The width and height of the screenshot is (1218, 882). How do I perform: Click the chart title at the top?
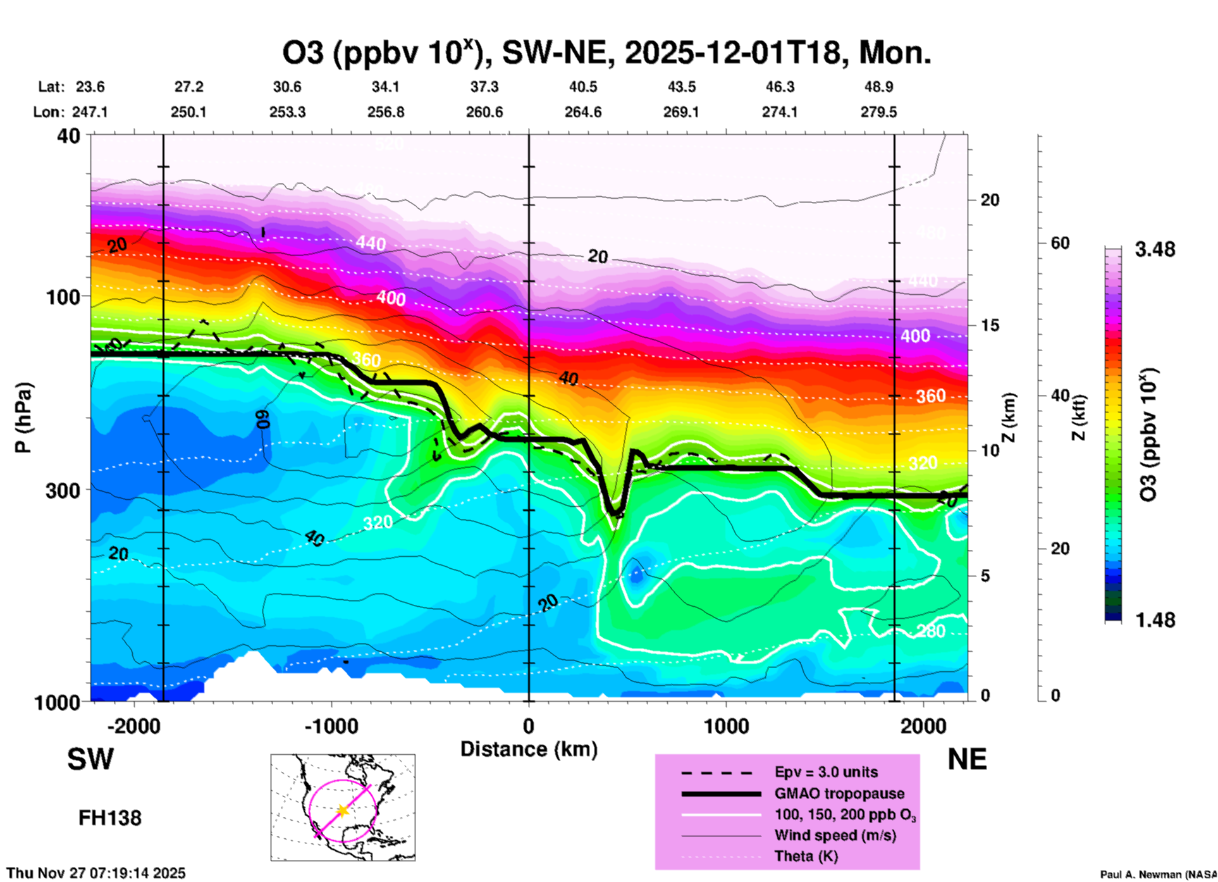(x=606, y=53)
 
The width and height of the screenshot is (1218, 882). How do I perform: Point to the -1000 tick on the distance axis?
(x=331, y=726)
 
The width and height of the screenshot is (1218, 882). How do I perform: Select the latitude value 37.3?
(x=484, y=87)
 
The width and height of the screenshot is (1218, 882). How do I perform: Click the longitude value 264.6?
(x=583, y=112)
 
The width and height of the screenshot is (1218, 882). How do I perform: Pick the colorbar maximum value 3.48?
(x=1155, y=250)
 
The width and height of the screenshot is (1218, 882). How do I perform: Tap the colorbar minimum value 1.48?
(x=1155, y=620)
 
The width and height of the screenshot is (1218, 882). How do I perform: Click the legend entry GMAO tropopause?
(x=839, y=793)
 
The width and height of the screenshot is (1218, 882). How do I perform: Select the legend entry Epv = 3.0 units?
(x=826, y=772)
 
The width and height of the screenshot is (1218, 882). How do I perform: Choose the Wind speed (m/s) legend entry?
(x=835, y=835)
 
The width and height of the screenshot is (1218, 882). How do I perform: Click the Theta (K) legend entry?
(x=806, y=856)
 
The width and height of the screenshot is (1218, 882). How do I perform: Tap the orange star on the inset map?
(x=343, y=811)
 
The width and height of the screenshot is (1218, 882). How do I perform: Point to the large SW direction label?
(x=90, y=759)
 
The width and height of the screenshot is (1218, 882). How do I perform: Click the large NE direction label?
(x=967, y=759)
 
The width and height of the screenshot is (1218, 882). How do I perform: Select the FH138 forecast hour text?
(x=110, y=818)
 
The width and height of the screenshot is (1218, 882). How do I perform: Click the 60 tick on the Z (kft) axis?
(x=1060, y=243)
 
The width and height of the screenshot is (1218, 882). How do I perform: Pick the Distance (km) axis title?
(x=529, y=749)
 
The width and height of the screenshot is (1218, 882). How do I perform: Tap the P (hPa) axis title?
(x=23, y=418)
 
